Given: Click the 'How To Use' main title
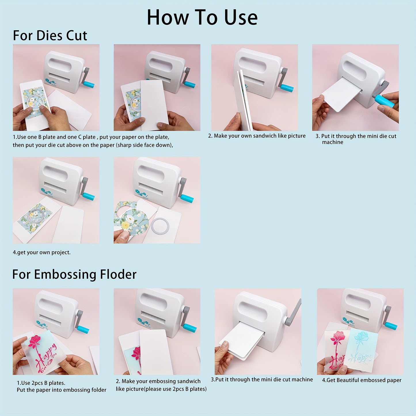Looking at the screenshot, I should tap(202, 18).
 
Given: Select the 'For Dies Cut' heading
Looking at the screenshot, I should tap(50, 36).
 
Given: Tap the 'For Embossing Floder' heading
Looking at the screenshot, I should tap(74, 274).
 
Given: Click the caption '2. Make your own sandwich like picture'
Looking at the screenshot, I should tap(257, 136).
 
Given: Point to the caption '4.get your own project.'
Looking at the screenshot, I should tap(41, 252).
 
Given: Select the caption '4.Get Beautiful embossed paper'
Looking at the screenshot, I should tap(362, 380).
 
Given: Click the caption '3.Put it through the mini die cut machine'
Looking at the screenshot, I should tap(262, 380).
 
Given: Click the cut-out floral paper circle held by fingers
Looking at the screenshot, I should tap(135, 222).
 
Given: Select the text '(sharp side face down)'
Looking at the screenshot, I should tap(145, 145).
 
